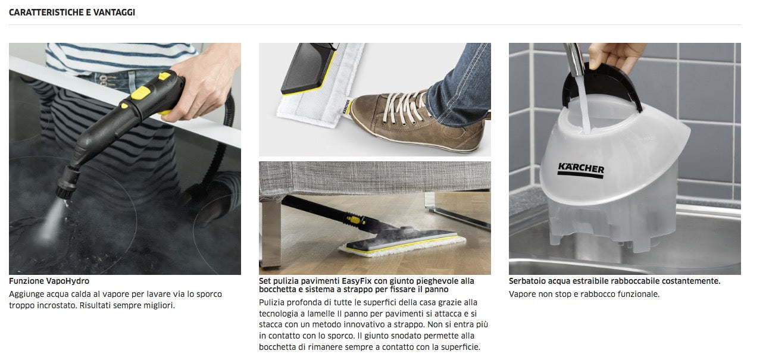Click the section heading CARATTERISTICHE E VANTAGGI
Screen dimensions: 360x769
(72, 12)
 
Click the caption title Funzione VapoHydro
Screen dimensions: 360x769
(49, 281)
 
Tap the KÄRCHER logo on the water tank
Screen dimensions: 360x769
(580, 170)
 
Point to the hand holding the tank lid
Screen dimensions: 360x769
(616, 55)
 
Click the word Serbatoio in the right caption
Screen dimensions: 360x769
(527, 281)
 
